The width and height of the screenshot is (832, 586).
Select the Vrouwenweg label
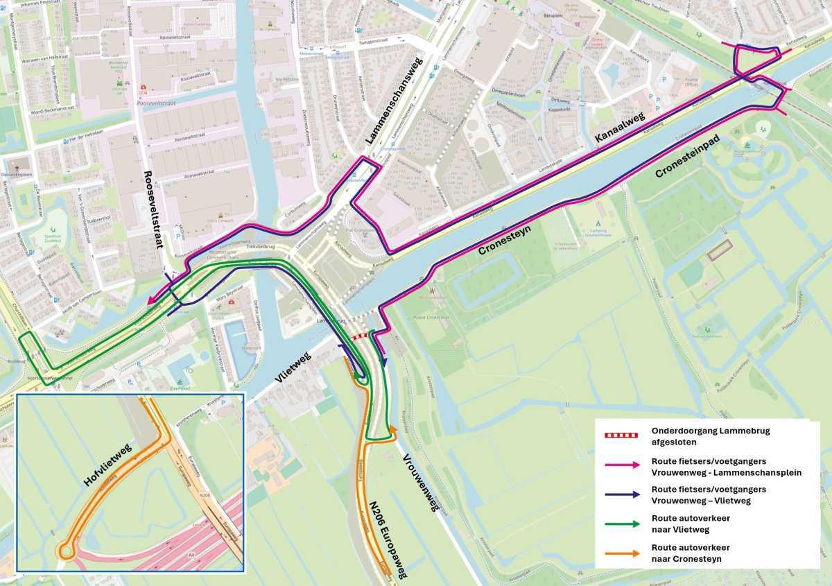(x=421, y=483)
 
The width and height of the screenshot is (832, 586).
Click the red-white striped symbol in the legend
(x=623, y=435)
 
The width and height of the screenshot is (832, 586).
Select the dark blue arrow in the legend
(x=623, y=493)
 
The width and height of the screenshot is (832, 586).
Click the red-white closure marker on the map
(x=360, y=336)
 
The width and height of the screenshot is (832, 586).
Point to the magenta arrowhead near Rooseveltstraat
(x=151, y=300)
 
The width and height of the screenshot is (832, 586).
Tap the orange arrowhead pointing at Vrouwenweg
(x=393, y=429)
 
